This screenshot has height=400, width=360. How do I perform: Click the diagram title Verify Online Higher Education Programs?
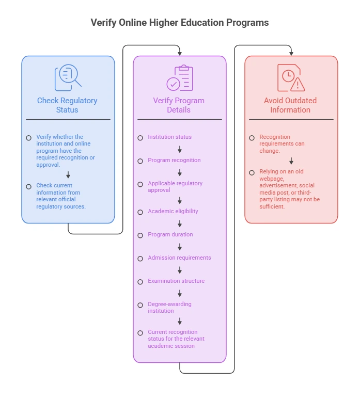(180, 22)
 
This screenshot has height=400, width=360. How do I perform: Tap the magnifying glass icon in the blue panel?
(68, 77)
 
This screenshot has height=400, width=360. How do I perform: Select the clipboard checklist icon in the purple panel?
(180, 78)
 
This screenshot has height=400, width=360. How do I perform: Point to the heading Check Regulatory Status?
(67, 105)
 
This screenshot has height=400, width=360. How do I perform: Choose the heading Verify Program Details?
(179, 105)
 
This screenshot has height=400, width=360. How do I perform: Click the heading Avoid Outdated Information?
(290, 105)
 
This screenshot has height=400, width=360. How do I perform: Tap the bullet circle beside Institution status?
(140, 138)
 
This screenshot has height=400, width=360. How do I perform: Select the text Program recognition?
(174, 160)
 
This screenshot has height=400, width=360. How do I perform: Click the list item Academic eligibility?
(173, 211)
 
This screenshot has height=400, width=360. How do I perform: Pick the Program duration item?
(170, 234)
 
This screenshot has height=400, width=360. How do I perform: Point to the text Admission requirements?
(179, 258)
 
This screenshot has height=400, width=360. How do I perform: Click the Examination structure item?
(176, 281)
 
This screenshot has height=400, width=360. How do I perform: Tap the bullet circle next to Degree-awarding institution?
(140, 305)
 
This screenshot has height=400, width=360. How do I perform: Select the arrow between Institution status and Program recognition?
(180, 149)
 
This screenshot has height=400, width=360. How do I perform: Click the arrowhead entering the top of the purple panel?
(180, 53)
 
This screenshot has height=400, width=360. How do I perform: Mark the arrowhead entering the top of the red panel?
(291, 53)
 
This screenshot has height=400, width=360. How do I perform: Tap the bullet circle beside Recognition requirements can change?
(252, 138)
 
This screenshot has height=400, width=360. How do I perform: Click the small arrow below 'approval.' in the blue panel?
(68, 175)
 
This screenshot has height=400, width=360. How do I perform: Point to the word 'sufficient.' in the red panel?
(272, 206)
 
